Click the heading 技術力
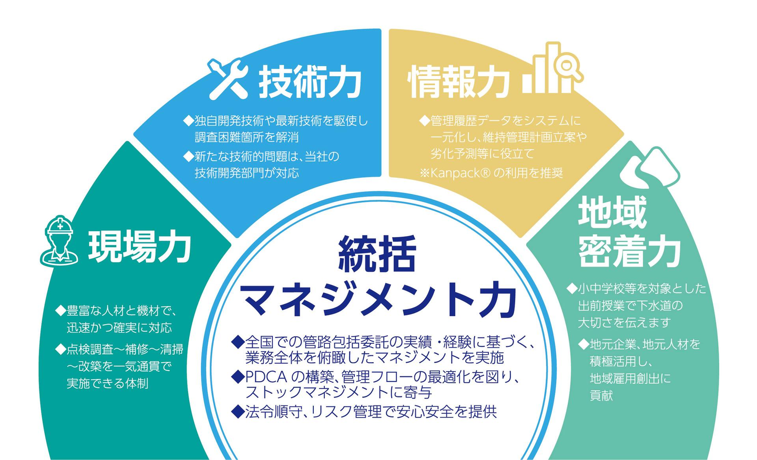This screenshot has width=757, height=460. pos(310,82)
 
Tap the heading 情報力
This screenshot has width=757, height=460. pos(459,82)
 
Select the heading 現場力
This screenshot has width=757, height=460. pos(139,247)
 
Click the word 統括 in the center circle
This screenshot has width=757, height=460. pos(377,254)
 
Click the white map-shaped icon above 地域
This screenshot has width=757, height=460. pos(649,168)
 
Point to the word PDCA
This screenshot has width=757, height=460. pos(265,377)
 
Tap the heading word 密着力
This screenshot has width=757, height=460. pos(629,252)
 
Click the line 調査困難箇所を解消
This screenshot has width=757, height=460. pos(247,138)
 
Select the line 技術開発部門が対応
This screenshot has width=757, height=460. pos(247,173)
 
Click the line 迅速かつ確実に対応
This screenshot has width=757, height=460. pos(119,328)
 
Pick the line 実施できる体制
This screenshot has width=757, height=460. pos(107,384)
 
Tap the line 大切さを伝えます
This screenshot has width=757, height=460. pos(624,322)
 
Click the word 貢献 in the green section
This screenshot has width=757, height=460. pos(601,395)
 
